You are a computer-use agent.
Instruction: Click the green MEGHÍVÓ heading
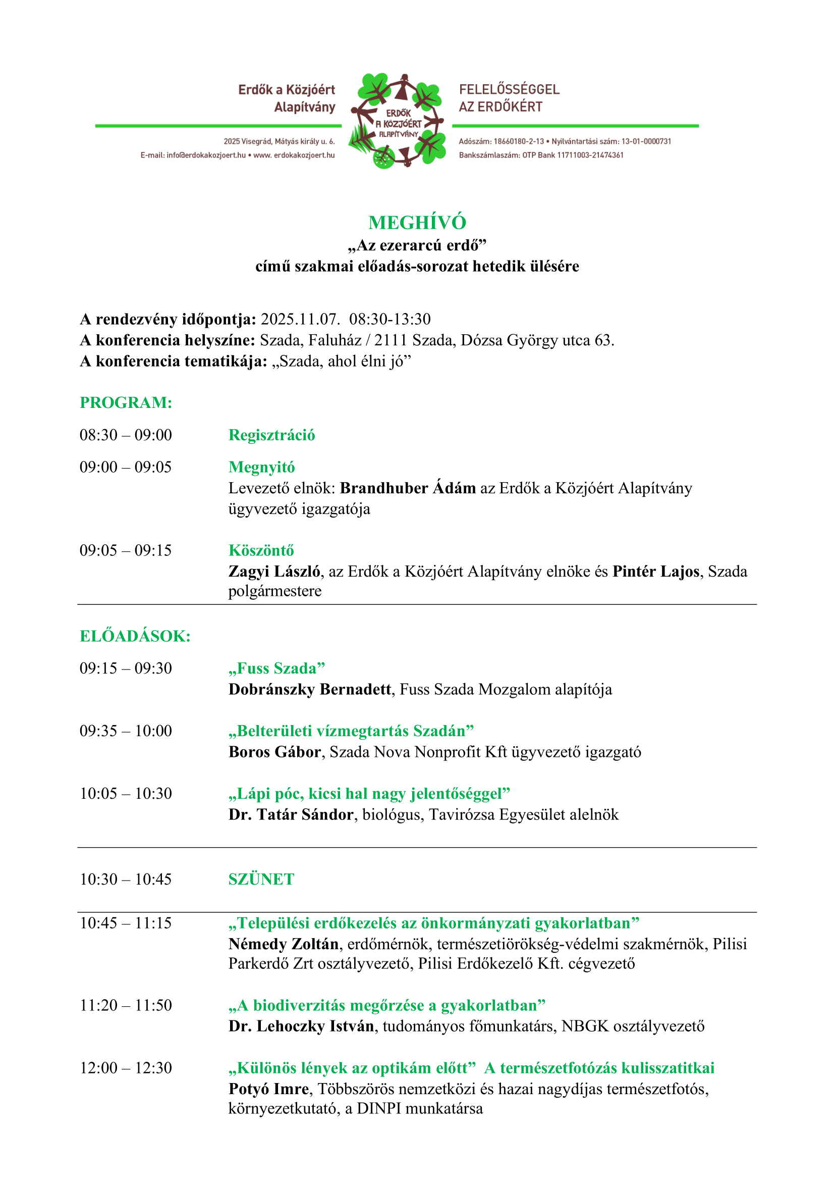pyautogui.click(x=417, y=222)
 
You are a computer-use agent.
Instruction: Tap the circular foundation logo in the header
pyautogui.click(x=398, y=122)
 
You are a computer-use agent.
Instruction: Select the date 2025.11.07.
pyautogui.click(x=300, y=319)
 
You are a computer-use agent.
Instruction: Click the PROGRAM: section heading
pyautogui.click(x=126, y=402)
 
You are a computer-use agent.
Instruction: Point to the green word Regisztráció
pyautogui.click(x=271, y=435)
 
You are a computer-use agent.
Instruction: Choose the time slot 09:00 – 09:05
pyautogui.click(x=126, y=467)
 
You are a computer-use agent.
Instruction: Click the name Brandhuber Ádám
pyautogui.click(x=408, y=488)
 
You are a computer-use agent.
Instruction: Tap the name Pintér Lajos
pyautogui.click(x=655, y=571)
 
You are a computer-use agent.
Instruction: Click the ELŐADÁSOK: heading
pyautogui.click(x=135, y=636)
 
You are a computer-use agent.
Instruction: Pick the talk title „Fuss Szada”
pyautogui.click(x=276, y=668)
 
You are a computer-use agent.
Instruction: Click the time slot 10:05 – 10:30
pyautogui.click(x=126, y=793)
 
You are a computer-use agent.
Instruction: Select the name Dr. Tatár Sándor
pyautogui.click(x=291, y=814)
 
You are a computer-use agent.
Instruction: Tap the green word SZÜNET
pyautogui.click(x=261, y=879)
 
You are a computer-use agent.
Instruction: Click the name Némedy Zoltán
pyautogui.click(x=284, y=944)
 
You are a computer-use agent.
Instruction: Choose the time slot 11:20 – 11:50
pyautogui.click(x=126, y=1005)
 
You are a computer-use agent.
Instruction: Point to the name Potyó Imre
pyautogui.click(x=268, y=1089)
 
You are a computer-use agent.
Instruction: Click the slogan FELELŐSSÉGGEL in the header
pyautogui.click(x=509, y=89)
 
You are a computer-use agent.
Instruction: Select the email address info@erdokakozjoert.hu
pyautogui.click(x=206, y=155)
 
